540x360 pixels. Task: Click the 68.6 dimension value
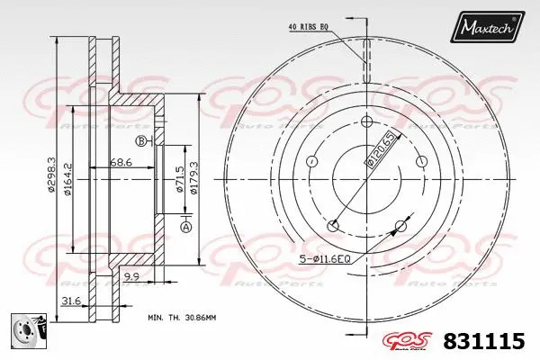click(121, 161)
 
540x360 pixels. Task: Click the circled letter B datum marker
click(141, 140)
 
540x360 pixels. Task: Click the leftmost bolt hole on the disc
click(312, 161)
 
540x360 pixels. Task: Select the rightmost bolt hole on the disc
click(421, 161)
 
